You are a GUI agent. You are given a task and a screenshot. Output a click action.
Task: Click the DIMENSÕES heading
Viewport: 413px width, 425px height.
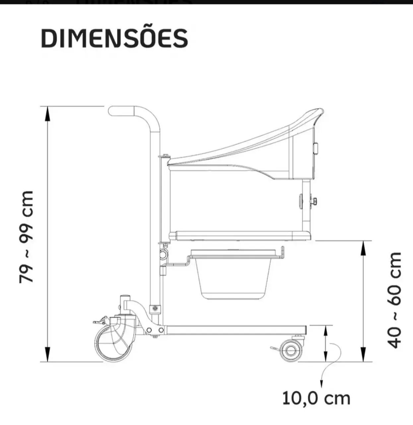[x=114, y=38]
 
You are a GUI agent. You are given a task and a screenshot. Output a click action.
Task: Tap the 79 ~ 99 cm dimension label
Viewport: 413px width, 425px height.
[x=26, y=237]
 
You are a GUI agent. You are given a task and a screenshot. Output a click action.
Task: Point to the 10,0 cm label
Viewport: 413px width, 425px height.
[x=316, y=398]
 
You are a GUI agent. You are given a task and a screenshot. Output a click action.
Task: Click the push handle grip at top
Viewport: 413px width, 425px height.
[x=122, y=111]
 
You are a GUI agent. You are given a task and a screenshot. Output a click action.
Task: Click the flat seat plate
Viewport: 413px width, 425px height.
[x=240, y=236]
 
